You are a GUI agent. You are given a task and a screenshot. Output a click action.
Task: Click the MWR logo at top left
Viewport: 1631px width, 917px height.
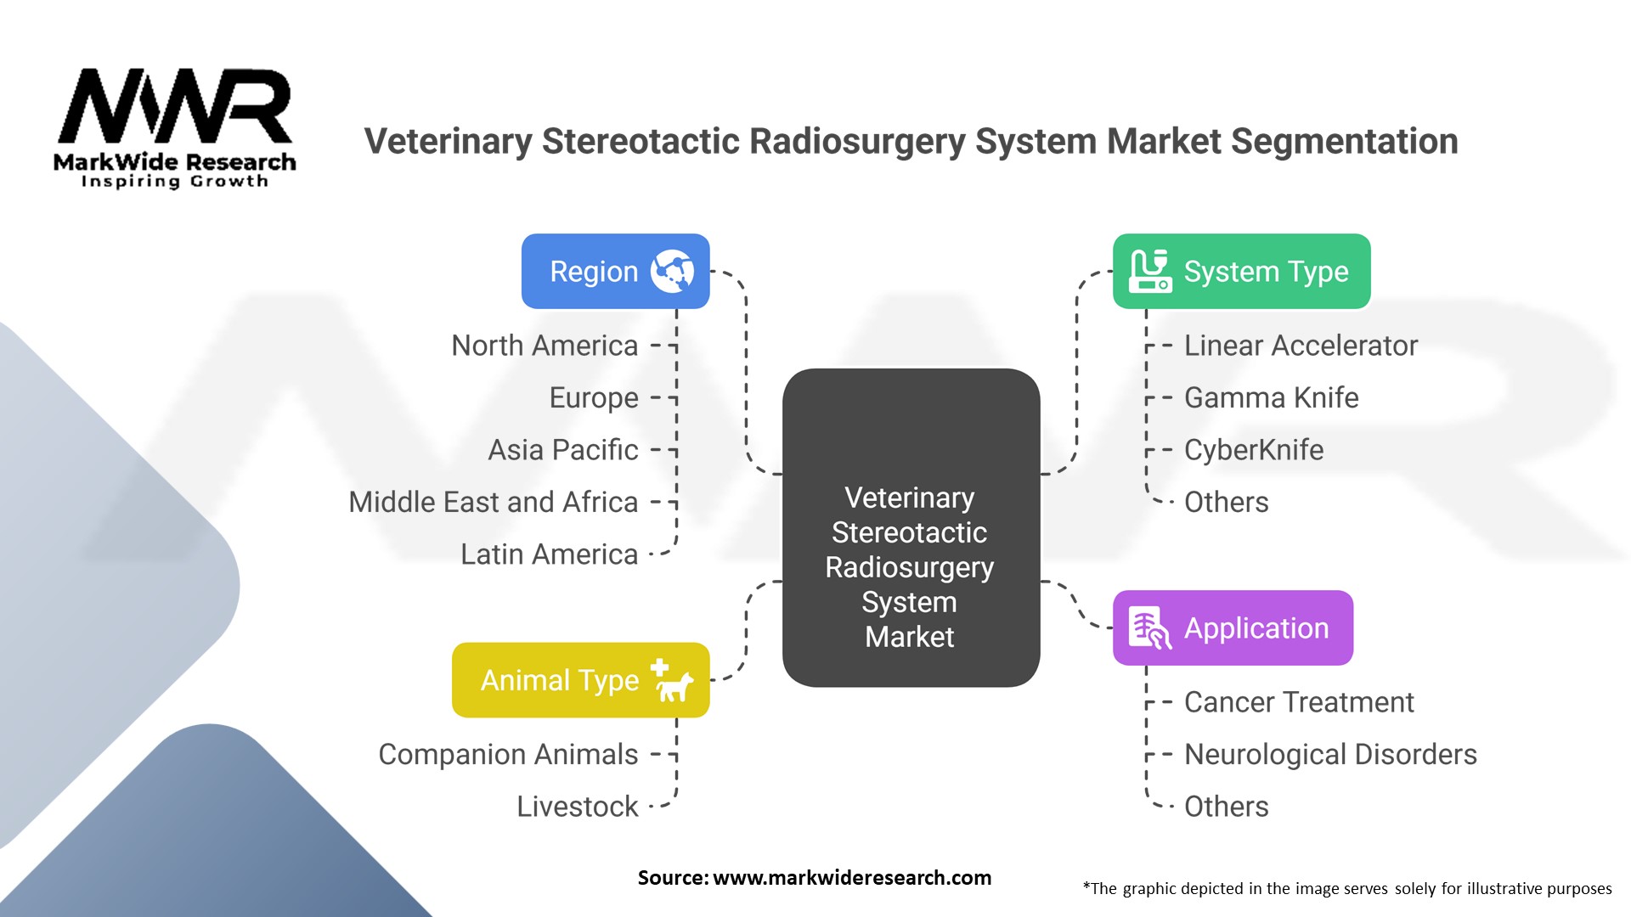tap(175, 128)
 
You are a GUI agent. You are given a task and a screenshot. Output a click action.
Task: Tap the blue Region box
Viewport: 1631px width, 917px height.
tap(615, 271)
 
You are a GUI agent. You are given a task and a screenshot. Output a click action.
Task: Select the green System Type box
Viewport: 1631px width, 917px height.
tap(1241, 271)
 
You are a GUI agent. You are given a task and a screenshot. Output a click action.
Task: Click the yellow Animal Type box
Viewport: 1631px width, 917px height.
tap(580, 680)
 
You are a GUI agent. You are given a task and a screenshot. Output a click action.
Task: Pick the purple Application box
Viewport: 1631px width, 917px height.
tap(1233, 627)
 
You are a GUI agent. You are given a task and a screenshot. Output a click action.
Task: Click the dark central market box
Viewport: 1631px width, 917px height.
tap(911, 527)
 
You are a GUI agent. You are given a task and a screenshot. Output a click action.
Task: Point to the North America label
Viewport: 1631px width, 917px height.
tap(545, 346)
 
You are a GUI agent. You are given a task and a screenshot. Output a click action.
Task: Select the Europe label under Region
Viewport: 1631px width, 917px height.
tap(594, 398)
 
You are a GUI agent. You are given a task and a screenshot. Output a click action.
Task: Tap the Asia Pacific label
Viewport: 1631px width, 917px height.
tap(563, 450)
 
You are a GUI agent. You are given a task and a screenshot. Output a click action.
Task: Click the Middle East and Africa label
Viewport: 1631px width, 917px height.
tap(494, 502)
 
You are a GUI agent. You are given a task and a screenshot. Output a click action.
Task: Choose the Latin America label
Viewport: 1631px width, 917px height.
tap(550, 554)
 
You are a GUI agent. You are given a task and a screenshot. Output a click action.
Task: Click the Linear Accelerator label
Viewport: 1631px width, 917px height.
tap(1301, 346)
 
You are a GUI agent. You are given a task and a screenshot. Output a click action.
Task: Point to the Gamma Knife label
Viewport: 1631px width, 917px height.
tap(1271, 397)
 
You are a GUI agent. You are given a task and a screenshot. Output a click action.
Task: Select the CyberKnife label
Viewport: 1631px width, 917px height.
tap(1254, 450)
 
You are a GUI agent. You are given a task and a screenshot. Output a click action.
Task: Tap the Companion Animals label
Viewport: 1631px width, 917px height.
tap(508, 754)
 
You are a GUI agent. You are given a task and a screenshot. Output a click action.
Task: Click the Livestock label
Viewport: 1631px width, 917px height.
tap(578, 807)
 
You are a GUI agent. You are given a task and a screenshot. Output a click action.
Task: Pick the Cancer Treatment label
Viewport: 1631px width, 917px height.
tap(1299, 702)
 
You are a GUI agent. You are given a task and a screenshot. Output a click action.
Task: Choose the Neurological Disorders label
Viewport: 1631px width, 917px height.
tap(1330, 754)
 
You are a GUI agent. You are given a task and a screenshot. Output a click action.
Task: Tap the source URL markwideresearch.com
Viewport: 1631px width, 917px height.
tap(852, 878)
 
